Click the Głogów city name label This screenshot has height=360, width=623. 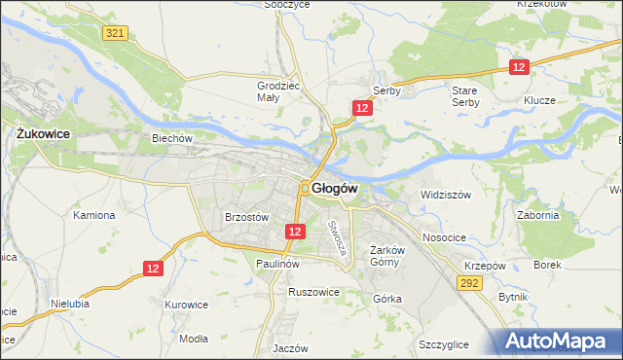tap(336, 188)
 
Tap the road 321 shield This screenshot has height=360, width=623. tap(115, 33)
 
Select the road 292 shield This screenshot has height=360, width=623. tap(470, 283)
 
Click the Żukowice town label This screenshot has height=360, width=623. tap(40, 133)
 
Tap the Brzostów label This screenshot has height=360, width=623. tap(245, 218)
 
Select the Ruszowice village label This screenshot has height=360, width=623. tap(313, 291)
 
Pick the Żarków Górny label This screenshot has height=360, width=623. tap(386, 256)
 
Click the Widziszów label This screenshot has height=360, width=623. tap(446, 195)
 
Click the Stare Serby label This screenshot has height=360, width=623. tap(464, 96)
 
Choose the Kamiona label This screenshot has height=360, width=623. tap(94, 215)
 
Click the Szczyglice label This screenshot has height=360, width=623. tap(444, 345)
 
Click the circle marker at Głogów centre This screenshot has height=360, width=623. tap(305, 188)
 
